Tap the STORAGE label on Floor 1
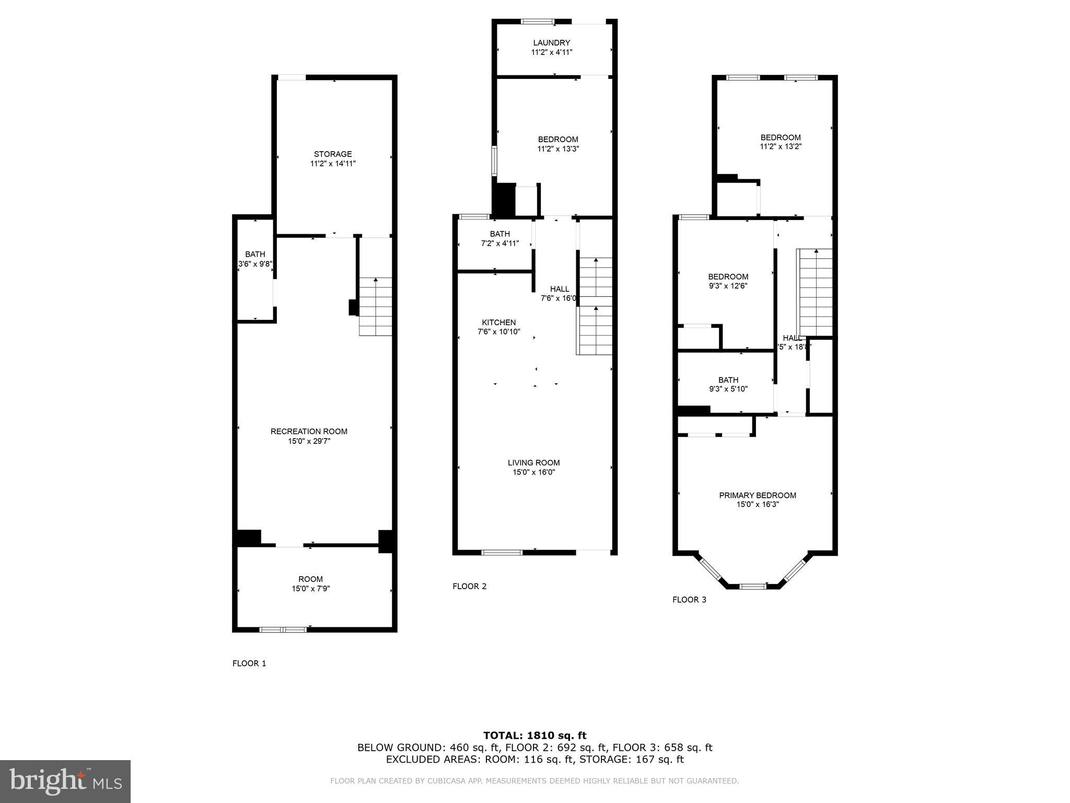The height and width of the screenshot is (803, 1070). (x=333, y=154)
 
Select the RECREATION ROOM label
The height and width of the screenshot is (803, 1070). (x=309, y=431)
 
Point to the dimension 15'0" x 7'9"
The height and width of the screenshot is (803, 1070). (x=311, y=589)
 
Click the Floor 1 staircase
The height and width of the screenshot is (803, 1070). (x=375, y=307)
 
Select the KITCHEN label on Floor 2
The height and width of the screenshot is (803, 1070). (x=498, y=323)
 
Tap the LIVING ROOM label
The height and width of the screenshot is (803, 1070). (x=533, y=463)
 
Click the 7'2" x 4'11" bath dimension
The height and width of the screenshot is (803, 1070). (x=499, y=243)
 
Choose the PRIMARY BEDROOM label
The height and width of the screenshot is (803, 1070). (x=758, y=495)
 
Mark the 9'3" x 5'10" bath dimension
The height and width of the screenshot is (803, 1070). (x=728, y=389)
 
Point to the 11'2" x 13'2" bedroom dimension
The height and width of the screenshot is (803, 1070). (x=781, y=147)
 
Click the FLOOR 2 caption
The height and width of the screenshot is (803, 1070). (x=469, y=586)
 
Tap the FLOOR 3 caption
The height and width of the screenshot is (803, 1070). (x=689, y=600)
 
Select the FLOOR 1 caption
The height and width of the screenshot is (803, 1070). (x=249, y=663)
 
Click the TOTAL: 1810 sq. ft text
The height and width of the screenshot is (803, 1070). (x=534, y=736)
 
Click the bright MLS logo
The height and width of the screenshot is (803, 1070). (x=65, y=781)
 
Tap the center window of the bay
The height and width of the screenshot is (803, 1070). (x=753, y=586)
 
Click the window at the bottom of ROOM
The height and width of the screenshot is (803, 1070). (x=283, y=629)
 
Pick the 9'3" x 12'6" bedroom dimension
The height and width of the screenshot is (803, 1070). (x=728, y=286)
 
